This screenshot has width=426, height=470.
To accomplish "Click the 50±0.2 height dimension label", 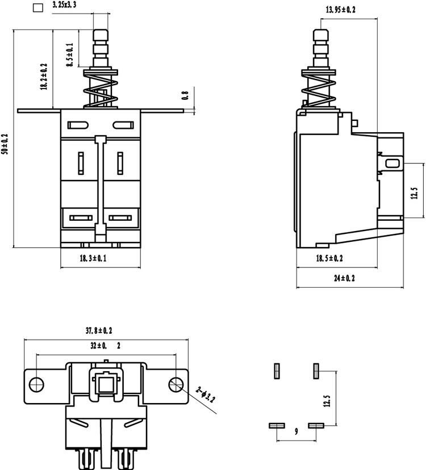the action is coord(5,144).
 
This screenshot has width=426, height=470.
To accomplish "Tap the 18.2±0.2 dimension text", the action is coord(44,77).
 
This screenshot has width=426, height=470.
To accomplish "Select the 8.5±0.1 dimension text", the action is coord(70,55).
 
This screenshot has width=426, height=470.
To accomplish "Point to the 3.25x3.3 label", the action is coord(64,5).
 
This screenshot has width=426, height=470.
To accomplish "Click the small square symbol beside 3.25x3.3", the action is coord(38,8).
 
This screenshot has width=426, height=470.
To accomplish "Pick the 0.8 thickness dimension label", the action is coord(185,95).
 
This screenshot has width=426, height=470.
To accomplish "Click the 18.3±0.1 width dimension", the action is coord(93,258).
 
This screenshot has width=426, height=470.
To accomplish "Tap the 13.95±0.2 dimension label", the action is coord(340,10).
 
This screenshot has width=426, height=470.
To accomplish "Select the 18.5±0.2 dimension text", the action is coord(329,258).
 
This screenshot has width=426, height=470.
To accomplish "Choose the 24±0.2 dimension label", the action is coord(344,278).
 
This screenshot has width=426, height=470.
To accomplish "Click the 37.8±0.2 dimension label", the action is coord(99,330).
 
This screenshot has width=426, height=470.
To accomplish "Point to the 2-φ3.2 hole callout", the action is coord(206,395).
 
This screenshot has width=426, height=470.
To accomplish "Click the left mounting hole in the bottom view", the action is coord(36,384).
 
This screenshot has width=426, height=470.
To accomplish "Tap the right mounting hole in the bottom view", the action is coord(176,384).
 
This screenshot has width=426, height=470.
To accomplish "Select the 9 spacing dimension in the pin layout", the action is coord(296,431).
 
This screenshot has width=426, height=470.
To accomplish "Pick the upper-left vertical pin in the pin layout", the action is coord(277,371).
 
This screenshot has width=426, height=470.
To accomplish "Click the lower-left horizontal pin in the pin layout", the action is coord(277,426).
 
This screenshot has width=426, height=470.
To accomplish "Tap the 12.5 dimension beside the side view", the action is coord(414,194).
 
